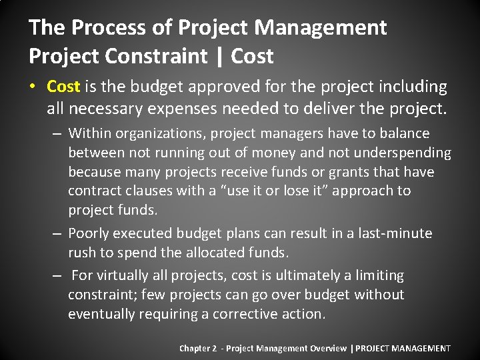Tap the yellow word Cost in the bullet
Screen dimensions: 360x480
point(63,87)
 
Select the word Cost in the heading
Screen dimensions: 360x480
point(252,56)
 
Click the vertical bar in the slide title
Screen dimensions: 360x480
point(219,56)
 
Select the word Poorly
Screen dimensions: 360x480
point(89,233)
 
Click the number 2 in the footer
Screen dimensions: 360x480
point(215,348)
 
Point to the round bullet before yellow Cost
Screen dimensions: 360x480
point(33,87)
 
